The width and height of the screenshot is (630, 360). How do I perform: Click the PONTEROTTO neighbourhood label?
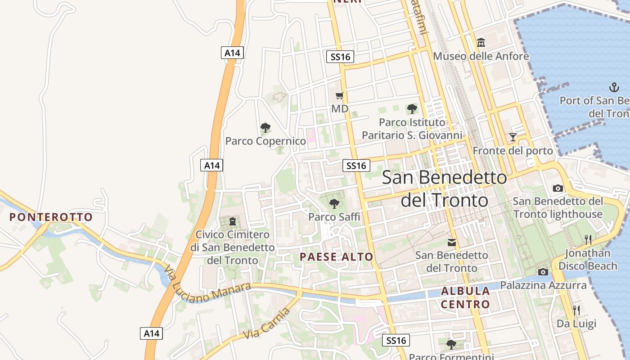pyautogui.click(x=51, y=217)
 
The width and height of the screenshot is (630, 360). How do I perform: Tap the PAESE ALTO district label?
pyautogui.click(x=337, y=257)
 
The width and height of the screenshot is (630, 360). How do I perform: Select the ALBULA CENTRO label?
pyautogui.click(x=465, y=297)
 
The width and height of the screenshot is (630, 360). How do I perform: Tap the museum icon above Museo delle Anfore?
pyautogui.click(x=481, y=43)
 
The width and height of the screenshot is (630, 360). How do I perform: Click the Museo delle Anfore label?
pyautogui.click(x=481, y=56)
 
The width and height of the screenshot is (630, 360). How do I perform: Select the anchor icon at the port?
pyautogui.click(x=614, y=87)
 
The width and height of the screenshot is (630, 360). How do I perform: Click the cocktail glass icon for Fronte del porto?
pyautogui.click(x=513, y=137)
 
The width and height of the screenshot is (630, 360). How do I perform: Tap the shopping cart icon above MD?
pyautogui.click(x=340, y=95)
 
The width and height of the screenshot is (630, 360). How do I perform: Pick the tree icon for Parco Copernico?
pyautogui.click(x=265, y=128)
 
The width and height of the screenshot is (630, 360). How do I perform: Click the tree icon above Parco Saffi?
pyautogui.click(x=334, y=204)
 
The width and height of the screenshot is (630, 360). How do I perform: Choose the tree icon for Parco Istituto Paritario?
pyautogui.click(x=412, y=108)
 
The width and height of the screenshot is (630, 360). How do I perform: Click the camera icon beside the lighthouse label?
pyautogui.click(x=558, y=188)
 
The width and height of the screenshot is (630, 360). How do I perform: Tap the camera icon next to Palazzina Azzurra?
pyautogui.click(x=543, y=272)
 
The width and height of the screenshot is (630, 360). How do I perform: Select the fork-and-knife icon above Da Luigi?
pyautogui.click(x=576, y=310)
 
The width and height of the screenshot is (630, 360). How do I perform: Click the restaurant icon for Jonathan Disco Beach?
pyautogui.click(x=588, y=239)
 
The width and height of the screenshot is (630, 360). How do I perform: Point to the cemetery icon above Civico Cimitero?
pyautogui.click(x=232, y=221)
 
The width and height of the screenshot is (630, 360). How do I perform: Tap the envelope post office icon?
pyautogui.click(x=451, y=243)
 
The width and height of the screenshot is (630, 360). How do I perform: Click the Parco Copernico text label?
pyautogui.click(x=265, y=141)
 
